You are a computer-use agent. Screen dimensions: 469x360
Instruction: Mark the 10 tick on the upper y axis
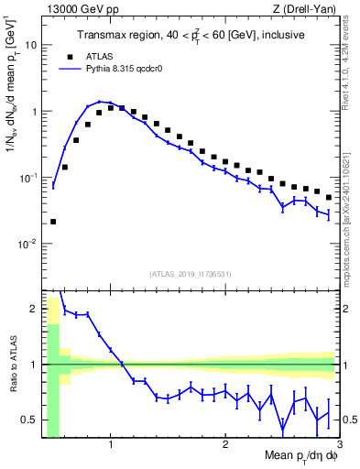31,44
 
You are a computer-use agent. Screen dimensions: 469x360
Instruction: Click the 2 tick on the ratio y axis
35,309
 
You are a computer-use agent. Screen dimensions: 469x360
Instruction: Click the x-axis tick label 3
339,444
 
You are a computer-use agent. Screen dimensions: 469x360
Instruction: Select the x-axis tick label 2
225,444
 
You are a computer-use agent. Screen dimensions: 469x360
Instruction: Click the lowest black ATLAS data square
53,222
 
